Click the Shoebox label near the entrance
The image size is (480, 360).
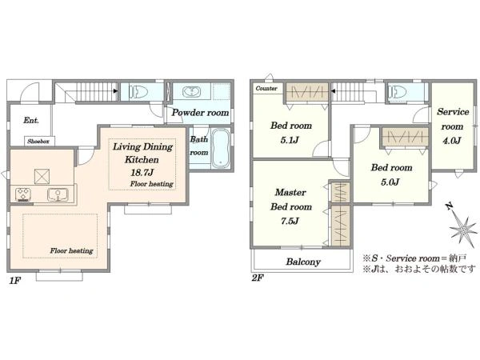pyautogui.click(x=38, y=142)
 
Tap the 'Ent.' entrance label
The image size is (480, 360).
pyautogui.click(x=31, y=120)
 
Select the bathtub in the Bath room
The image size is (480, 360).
pyautogui.click(x=221, y=148)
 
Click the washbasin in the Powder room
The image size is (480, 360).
pyautogui.click(x=192, y=91)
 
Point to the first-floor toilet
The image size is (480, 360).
pyautogui.click(x=139, y=91)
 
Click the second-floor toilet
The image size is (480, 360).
pyautogui.click(x=397, y=91)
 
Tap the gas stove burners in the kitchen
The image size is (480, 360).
pyautogui.click(x=23, y=194)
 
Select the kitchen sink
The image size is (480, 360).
pyautogui.click(x=58, y=194)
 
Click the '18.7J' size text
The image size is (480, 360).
pyautogui.click(x=142, y=173)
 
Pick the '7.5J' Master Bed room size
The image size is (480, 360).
pyautogui.click(x=290, y=221)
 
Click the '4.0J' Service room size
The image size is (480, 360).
pyautogui.click(x=452, y=141)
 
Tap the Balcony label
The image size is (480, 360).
pyautogui.click(x=303, y=262)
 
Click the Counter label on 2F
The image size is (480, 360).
pyautogui.click(x=266, y=89)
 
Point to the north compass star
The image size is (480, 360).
pyautogui.click(x=463, y=228)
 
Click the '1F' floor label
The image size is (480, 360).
pyautogui.click(x=14, y=281)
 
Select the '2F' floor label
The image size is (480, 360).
pyautogui.click(x=258, y=278)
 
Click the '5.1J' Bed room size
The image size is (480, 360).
pyautogui.click(x=290, y=140)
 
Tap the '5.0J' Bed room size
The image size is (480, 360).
pyautogui.click(x=390, y=182)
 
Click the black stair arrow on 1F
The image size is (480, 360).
pyautogui.click(x=115, y=91)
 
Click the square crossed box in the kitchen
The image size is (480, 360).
pyautogui.click(x=42, y=177)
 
